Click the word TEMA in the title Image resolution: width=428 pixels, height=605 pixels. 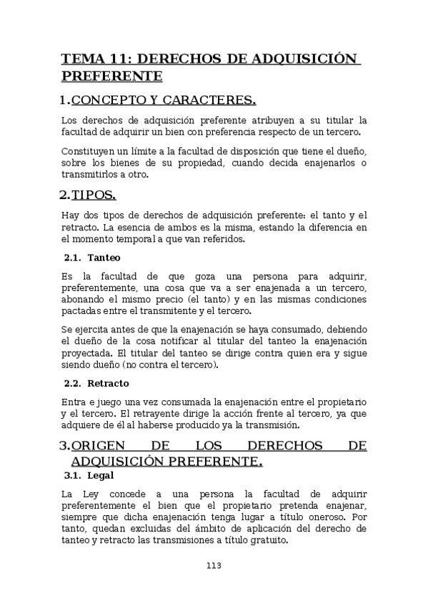[x=80, y=59]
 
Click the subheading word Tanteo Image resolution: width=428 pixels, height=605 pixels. [x=104, y=258]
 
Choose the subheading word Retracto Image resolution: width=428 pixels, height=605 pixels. [x=108, y=383]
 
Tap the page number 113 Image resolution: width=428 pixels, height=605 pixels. [x=214, y=566]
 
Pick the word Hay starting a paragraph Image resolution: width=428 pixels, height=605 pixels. [x=71, y=215]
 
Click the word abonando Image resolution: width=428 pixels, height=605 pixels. [x=86, y=300]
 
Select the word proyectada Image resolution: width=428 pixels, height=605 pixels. [x=86, y=352]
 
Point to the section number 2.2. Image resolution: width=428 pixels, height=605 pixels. [x=73, y=383]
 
